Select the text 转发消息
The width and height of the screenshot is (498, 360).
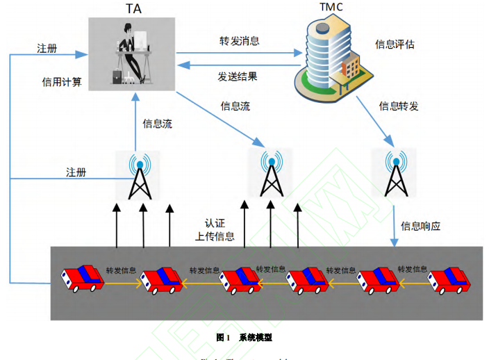239,41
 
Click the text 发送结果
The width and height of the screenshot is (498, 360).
238,76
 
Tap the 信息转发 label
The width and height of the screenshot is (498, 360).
398,106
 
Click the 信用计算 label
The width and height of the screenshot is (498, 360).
62,82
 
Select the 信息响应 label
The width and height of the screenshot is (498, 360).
421,226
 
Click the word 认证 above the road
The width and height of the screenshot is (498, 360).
215,223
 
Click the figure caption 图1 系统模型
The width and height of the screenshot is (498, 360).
244,337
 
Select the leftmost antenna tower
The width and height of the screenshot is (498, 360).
140,174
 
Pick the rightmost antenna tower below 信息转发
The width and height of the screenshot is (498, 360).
396,173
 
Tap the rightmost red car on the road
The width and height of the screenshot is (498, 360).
449,280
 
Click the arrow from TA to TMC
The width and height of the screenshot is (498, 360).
240,51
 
